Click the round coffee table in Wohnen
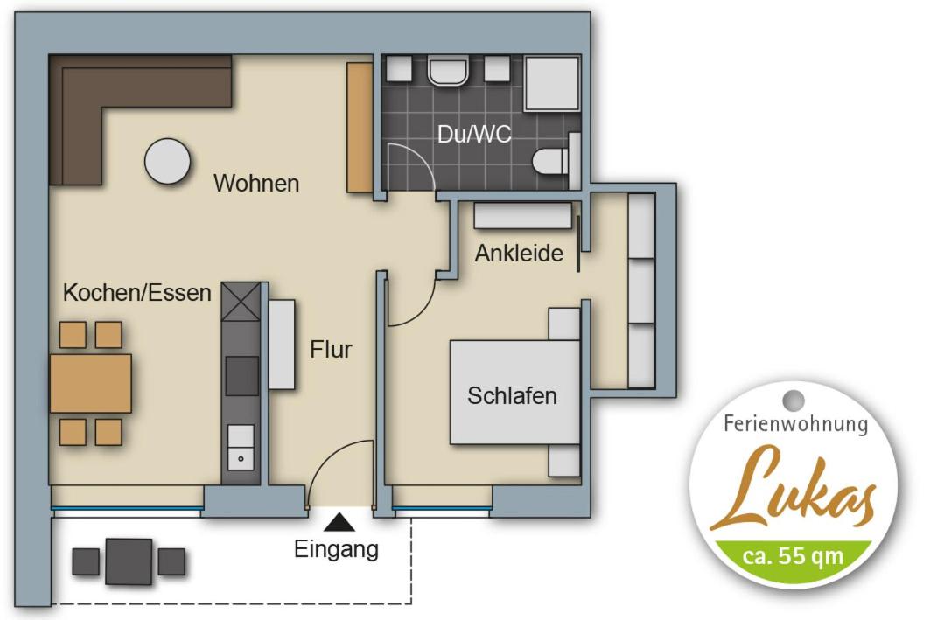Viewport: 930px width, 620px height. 168,161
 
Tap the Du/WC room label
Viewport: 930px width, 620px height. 474,135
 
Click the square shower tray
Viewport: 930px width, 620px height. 551,83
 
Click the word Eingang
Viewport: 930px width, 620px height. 336,549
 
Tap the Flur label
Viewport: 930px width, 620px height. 331,349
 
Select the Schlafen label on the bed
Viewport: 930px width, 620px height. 512,395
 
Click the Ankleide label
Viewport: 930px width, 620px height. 519,253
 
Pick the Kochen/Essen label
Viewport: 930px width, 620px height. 137,292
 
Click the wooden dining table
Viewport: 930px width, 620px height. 91,383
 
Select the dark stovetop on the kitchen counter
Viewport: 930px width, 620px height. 242,376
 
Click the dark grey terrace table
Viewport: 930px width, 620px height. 129,561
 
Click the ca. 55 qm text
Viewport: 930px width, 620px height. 793,556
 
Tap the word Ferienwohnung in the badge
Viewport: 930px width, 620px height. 796,424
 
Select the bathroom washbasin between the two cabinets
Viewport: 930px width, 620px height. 449,71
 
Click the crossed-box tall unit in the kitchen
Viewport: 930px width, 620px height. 241,301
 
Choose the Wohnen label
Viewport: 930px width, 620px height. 256,183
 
